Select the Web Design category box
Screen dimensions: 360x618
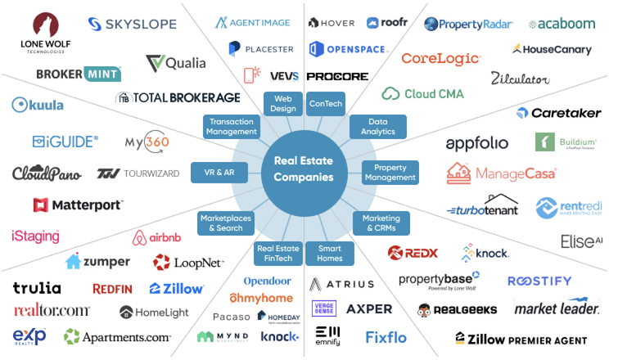pos(277,104)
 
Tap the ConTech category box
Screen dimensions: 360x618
pos(325,104)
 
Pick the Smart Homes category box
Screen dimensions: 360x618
pos(329,254)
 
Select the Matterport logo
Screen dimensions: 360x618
pos(78,205)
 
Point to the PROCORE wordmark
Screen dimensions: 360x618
pos(337,76)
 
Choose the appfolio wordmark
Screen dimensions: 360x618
pos(477,144)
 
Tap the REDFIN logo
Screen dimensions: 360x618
pos(113,288)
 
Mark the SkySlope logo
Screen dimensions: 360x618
pos(128,25)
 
